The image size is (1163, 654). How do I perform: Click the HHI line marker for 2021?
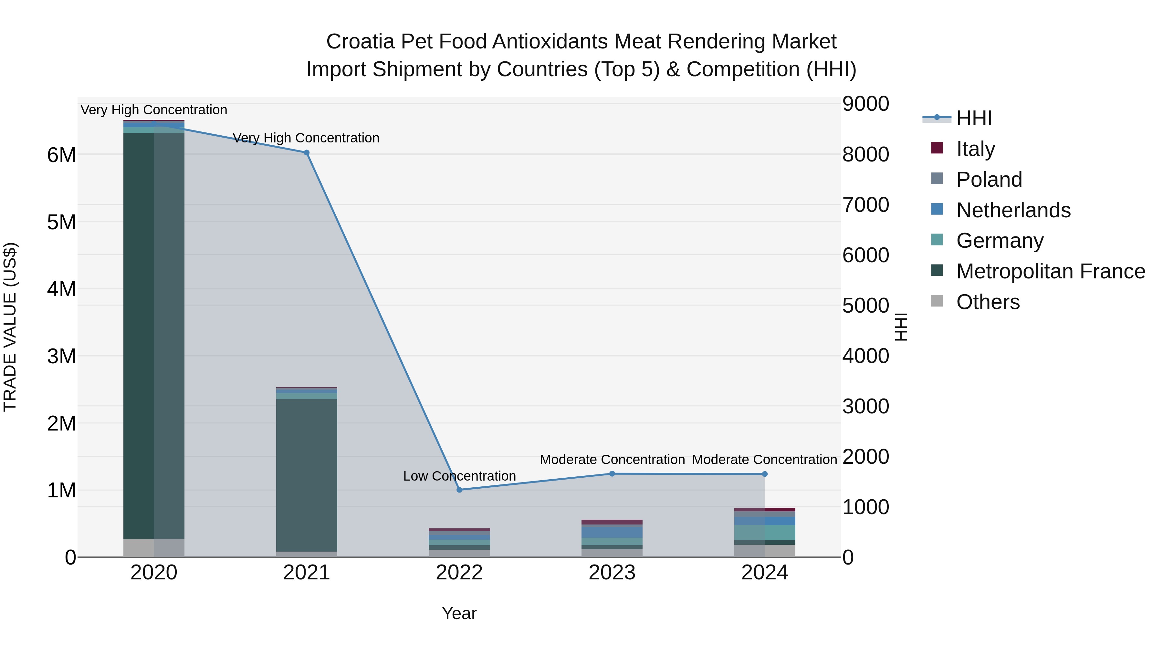[307, 152]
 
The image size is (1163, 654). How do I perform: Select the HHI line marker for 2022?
[459, 490]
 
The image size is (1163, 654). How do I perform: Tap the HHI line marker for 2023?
[612, 473]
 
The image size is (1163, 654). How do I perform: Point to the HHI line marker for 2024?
[764, 474]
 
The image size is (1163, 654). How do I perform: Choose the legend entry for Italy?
[975, 149]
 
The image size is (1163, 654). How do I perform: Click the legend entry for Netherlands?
[1013, 210]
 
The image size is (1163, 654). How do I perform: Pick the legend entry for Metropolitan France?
[1050, 271]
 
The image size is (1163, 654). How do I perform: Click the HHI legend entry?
[973, 118]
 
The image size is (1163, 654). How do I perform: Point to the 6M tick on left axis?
[61, 155]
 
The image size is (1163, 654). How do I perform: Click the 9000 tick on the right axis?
[865, 104]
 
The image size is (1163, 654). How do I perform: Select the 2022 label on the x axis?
[459, 573]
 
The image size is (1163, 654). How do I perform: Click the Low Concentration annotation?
[459, 476]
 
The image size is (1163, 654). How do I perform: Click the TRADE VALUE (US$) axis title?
[10, 327]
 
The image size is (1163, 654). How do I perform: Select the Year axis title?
[459, 613]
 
